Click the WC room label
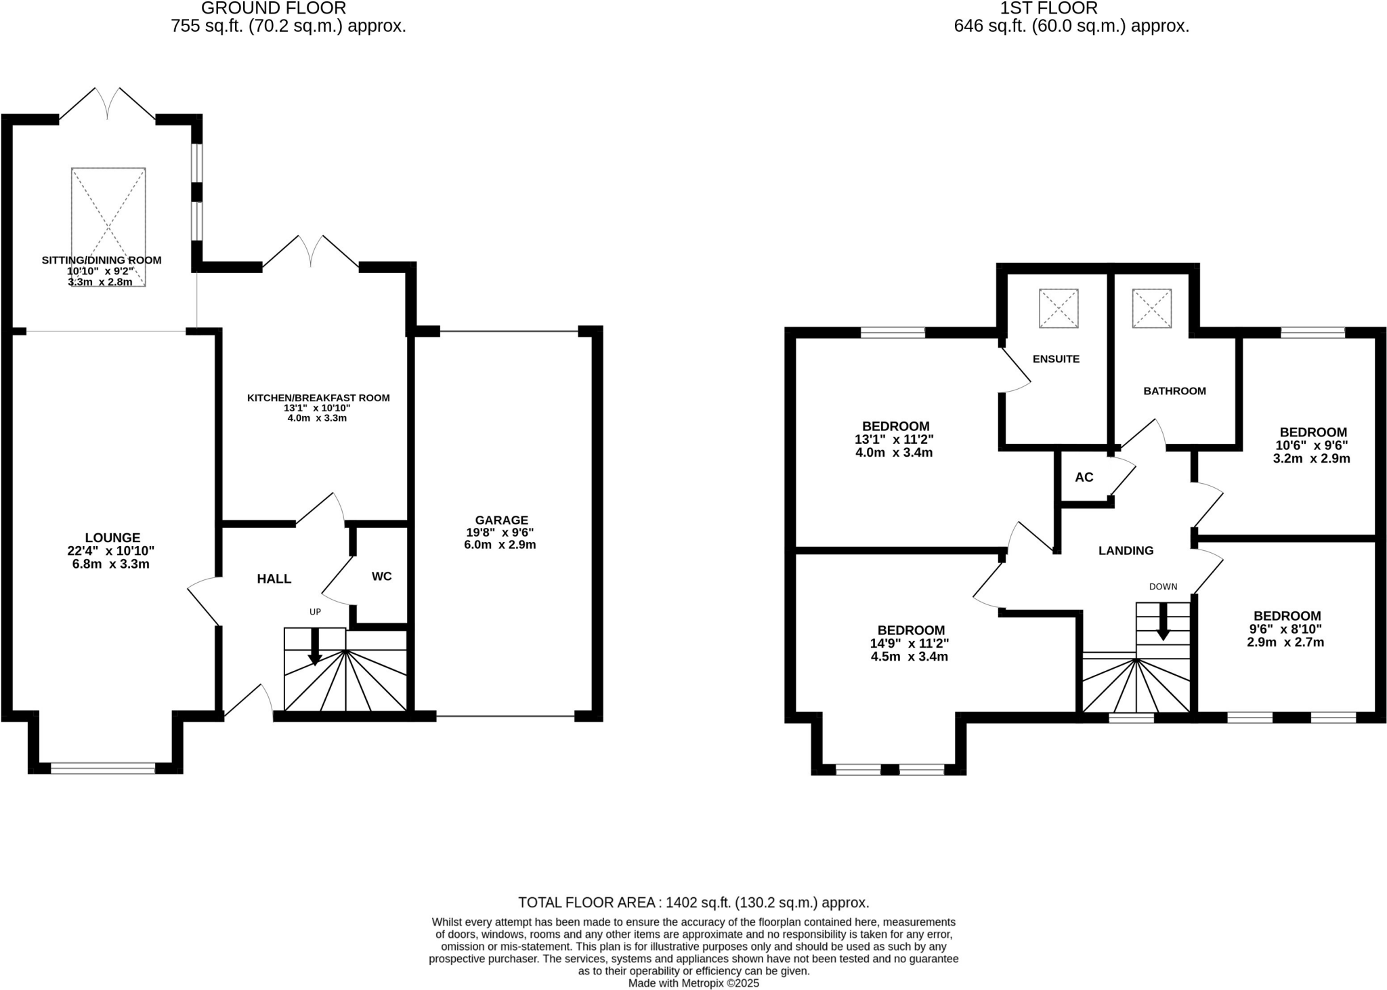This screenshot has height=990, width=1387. [381, 577]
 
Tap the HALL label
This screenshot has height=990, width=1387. [274, 579]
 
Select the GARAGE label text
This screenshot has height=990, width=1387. [501, 520]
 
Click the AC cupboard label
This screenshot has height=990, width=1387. [1084, 477]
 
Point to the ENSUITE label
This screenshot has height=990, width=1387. [1056, 359]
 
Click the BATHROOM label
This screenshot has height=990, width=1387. [1174, 391]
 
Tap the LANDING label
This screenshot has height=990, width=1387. [1126, 551]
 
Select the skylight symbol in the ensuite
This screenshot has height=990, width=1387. [1059, 308]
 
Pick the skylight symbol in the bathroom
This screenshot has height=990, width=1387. [1151, 308]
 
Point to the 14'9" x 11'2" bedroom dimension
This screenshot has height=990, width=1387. [910, 644]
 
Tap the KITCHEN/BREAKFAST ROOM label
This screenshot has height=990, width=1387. [318, 398]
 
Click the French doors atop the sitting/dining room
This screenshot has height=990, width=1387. [108, 105]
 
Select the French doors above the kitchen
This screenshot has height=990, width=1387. [311, 251]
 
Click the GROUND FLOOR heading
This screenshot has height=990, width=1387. [274, 9]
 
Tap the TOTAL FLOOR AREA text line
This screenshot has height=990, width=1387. [693, 903]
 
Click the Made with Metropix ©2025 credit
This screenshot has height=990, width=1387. [693, 983]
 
